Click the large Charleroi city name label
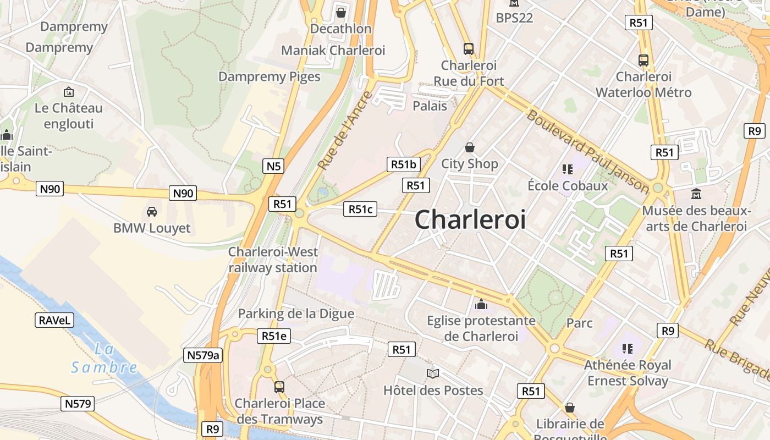(x=470, y=219)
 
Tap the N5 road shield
(x=273, y=166)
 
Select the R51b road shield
(x=404, y=164)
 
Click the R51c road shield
(x=360, y=209)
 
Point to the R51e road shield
(x=273, y=336)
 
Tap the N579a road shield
(x=204, y=355)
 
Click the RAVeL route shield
(x=55, y=320)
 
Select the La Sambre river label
(x=105, y=359)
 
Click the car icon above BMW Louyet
(x=151, y=212)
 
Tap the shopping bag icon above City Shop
(x=470, y=147)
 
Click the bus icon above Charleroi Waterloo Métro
(x=643, y=61)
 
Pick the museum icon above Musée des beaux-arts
(x=696, y=194)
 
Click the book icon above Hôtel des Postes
(x=433, y=374)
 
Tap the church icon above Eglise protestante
(x=481, y=304)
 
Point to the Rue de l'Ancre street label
(x=345, y=130)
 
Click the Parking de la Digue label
(x=296, y=313)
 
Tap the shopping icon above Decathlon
(x=341, y=12)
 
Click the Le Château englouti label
(x=69, y=116)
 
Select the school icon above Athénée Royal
(x=628, y=348)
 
